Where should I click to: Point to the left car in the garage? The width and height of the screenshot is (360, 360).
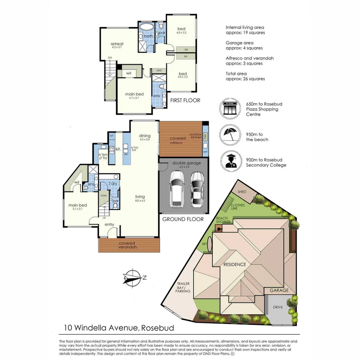176,190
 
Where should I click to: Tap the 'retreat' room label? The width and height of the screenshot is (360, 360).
117,44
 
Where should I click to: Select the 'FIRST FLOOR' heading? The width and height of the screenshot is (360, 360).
185,100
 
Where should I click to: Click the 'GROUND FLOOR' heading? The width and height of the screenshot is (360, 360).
183,219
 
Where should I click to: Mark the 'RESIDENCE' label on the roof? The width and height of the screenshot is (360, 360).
235,264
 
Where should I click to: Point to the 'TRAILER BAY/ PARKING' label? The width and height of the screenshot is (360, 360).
183,288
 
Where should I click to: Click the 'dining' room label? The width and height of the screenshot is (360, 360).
145,136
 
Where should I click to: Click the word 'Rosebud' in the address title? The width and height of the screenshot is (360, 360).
158,328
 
